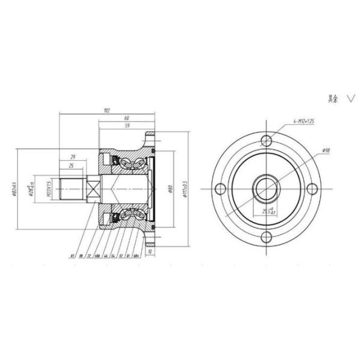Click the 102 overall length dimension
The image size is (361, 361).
coord(107,111)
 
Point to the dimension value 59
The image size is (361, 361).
coord(127,126)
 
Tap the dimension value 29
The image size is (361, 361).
coord(72,157)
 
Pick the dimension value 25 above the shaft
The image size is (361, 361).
coord(72,165)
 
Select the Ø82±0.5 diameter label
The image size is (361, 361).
coord(13,190)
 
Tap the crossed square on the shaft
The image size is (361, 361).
coord(93,190)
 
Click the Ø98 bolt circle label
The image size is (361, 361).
coord(326,150)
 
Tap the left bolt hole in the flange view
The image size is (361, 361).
coord(221,188)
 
